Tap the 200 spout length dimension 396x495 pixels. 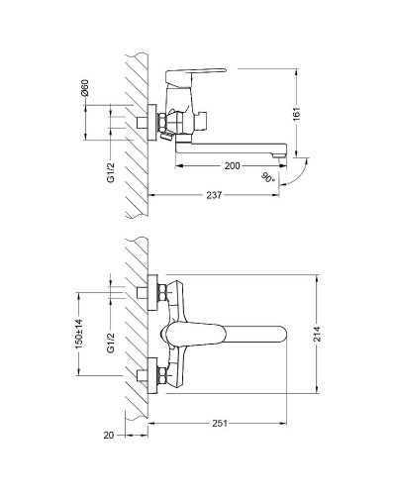click(x=233, y=165)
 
